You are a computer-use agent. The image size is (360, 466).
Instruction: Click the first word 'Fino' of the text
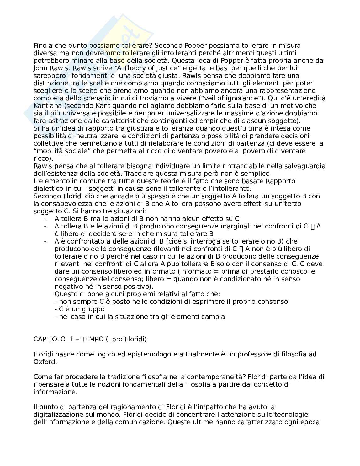point(40,46)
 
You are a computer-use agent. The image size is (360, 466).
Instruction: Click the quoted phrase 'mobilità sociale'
point(60,151)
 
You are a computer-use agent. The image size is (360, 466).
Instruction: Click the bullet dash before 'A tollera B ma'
point(45,219)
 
